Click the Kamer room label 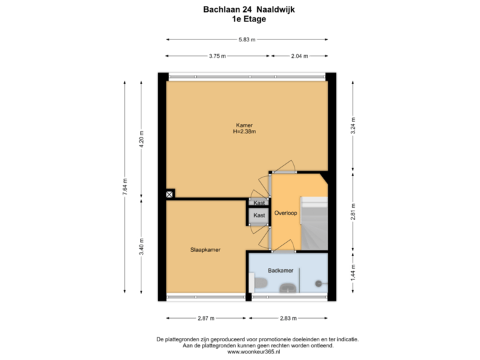[244, 125]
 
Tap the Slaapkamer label [205, 249]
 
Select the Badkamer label [280, 271]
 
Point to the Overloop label [285, 213]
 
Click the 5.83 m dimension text [246, 39]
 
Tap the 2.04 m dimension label [299, 57]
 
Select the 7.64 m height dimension [125, 187]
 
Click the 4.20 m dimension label [141, 138]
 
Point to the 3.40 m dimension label [141, 246]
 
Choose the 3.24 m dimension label [353, 126]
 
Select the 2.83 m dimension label [288, 318]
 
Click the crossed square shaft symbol [170, 194]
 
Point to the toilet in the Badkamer [261, 285]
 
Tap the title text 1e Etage [249, 19]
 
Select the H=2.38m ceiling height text [244, 132]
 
